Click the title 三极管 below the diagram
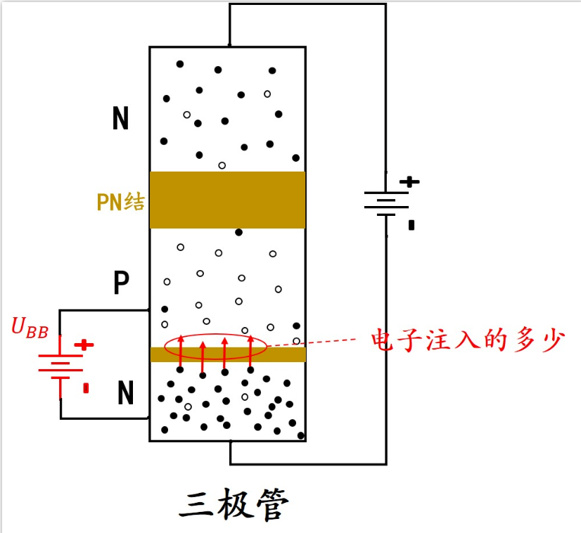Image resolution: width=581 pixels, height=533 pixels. tap(234, 505)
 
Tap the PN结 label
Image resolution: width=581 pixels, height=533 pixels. tap(120, 203)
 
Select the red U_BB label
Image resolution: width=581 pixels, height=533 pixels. tap(30, 327)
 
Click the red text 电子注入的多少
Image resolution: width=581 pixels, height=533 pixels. tap(468, 341)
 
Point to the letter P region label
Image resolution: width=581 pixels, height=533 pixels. tap(122, 283)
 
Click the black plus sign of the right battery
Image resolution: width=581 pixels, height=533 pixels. tap(409, 181)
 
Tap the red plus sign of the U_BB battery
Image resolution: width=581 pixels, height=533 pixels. tap(84, 345)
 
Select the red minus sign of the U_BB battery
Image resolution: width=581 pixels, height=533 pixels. tap(86, 387)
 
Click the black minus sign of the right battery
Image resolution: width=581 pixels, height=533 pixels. tap(411, 226)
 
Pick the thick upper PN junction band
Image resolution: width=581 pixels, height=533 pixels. tap(227, 200)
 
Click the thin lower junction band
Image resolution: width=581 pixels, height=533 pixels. tap(227, 354)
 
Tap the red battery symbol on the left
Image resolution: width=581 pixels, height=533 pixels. tap(60, 366)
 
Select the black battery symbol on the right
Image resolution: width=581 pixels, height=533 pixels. tap(386, 203)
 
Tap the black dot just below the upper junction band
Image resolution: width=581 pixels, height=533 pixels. tap(239, 232)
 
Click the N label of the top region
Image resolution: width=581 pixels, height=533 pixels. tap(121, 120)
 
